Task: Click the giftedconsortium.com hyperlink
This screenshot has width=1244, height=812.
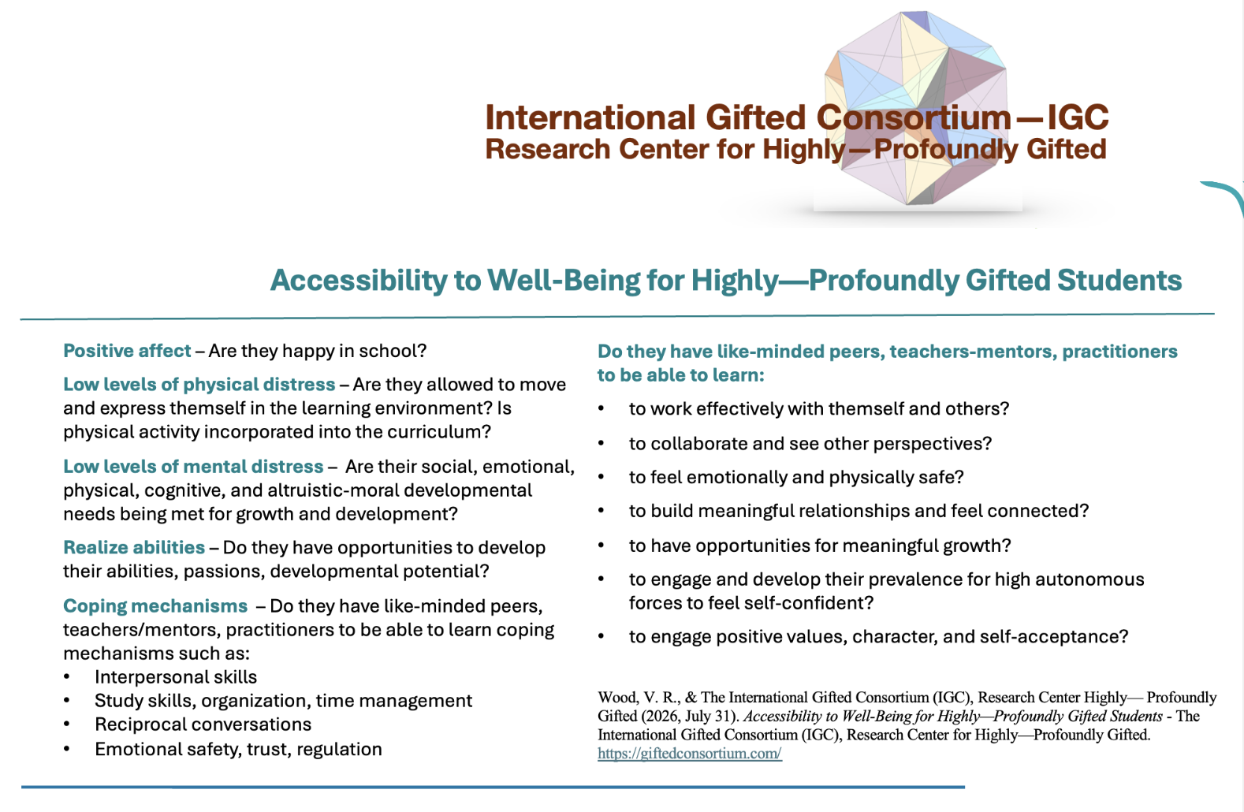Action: tap(690, 754)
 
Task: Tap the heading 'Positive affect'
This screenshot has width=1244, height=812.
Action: tap(127, 351)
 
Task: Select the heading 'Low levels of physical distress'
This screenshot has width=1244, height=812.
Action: tap(199, 385)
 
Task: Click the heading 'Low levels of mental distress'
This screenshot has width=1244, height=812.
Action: tap(193, 467)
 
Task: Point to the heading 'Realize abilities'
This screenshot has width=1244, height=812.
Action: tap(134, 548)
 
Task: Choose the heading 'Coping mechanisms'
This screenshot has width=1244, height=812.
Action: tap(155, 606)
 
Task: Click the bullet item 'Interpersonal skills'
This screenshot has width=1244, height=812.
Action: tap(176, 677)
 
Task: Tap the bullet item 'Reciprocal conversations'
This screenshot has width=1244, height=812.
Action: tap(203, 724)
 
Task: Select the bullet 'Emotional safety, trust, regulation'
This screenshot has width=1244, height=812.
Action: tap(238, 749)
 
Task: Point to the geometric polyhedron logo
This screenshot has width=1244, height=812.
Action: tap(916, 108)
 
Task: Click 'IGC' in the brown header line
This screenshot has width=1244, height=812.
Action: tap(1078, 117)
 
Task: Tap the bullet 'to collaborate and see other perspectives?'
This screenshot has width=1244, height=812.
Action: tap(810, 444)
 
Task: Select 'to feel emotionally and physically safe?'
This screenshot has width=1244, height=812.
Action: tap(796, 478)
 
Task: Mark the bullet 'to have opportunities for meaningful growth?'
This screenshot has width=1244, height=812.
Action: tap(820, 546)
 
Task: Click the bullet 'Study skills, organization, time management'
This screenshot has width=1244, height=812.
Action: tap(283, 701)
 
